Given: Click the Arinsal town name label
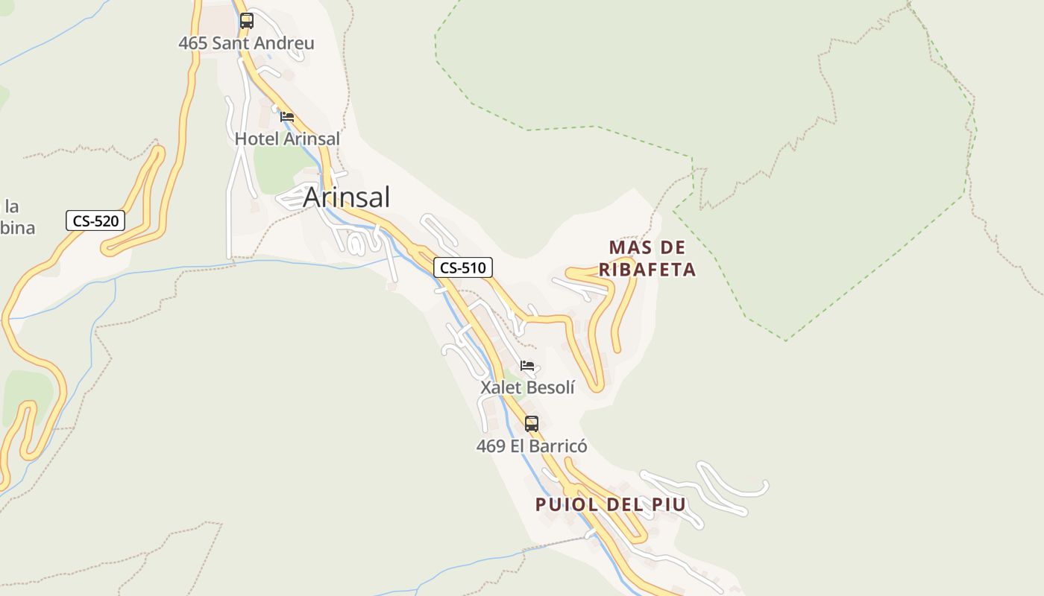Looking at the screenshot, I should click(346, 197).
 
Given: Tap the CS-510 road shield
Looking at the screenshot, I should click(463, 267).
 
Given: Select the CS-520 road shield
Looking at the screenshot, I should click(95, 221).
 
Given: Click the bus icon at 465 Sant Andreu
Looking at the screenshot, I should click(247, 21).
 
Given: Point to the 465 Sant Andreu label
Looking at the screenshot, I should click(246, 43).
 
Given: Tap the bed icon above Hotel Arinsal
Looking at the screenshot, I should click(287, 116).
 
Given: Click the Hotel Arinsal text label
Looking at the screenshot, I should click(287, 139).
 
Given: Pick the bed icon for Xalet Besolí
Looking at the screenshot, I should click(528, 366).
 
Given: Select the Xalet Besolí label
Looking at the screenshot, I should click(527, 387).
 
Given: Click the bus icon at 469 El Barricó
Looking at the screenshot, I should click(531, 423).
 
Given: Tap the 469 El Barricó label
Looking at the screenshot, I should click(532, 446).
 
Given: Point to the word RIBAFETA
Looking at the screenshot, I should click(647, 270).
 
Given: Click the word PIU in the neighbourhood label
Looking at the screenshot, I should click(668, 504).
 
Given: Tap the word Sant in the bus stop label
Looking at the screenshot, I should click(230, 43).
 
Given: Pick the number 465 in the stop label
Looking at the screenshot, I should click(192, 43).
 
